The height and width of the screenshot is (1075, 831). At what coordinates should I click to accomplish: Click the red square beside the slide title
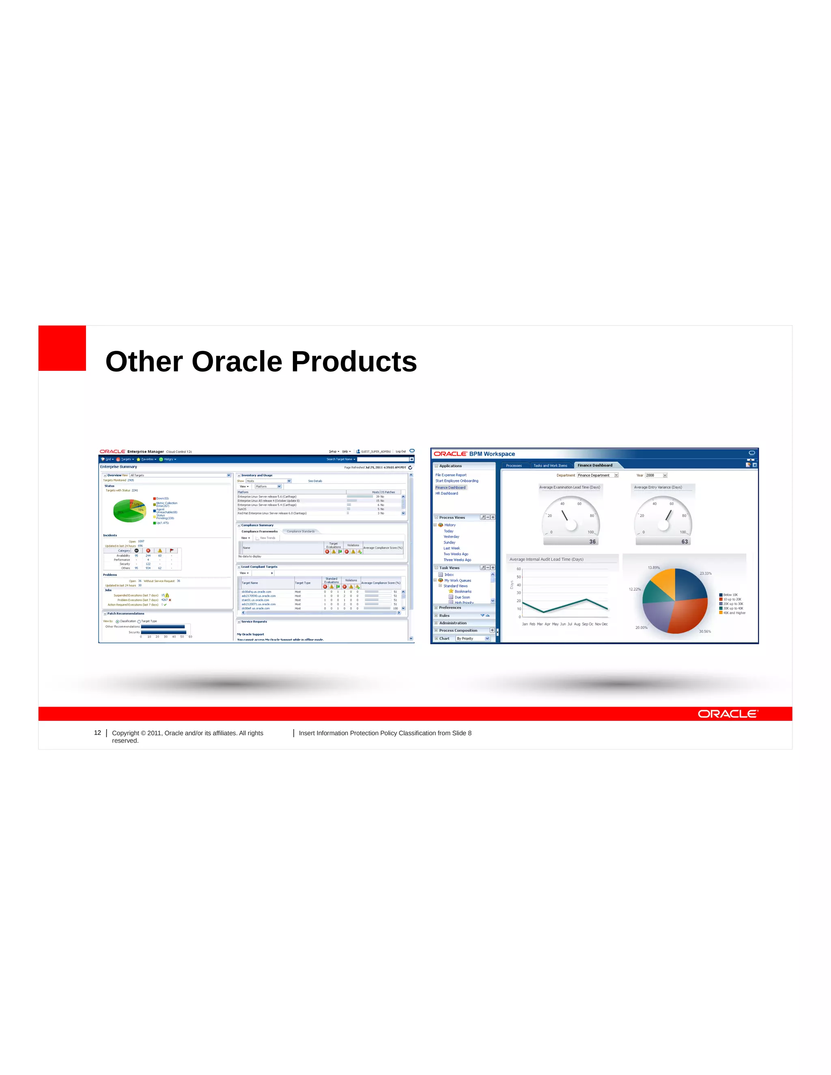point(62,348)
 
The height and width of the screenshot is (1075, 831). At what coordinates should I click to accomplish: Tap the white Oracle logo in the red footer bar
point(728,714)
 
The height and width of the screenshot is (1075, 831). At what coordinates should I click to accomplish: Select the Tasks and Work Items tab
point(550,465)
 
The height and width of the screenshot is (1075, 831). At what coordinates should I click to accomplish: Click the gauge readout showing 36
point(592,542)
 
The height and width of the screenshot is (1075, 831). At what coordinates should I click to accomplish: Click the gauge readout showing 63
point(684,542)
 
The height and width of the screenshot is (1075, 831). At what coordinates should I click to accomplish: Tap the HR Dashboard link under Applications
point(446,493)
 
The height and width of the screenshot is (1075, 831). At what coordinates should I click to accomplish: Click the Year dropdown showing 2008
point(656,475)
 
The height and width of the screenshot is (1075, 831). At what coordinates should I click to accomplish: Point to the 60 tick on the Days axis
point(519,569)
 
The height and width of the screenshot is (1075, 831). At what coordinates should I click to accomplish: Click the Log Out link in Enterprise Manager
point(401,451)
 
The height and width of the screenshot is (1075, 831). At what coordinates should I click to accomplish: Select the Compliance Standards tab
point(300,531)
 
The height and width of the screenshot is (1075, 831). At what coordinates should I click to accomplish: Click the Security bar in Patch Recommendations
point(164,632)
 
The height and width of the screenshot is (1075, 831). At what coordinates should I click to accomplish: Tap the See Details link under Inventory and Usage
point(315,481)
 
